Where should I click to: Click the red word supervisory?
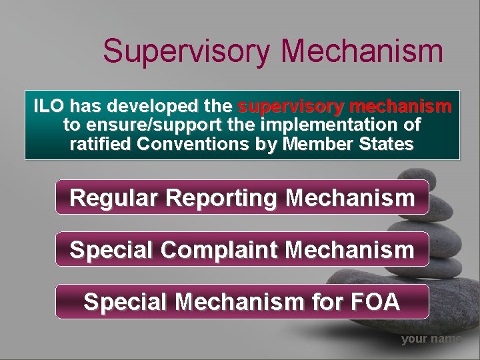point(291,107)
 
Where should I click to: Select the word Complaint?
point(222,250)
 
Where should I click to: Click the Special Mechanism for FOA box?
point(241,302)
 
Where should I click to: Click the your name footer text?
point(431,339)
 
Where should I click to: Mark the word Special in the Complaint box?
point(111,250)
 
